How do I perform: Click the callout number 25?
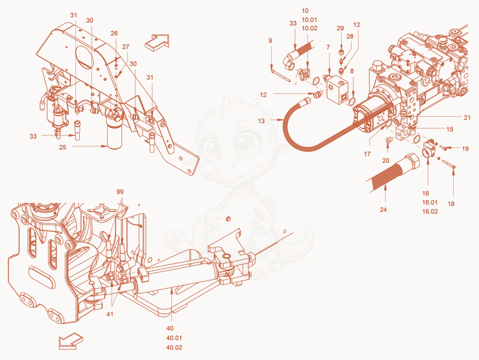click(x=63, y=147)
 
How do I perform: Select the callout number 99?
click(x=120, y=192)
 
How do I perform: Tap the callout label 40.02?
click(x=174, y=347)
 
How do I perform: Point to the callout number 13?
click(x=261, y=121)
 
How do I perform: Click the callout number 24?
click(x=383, y=210)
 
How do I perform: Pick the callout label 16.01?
click(x=430, y=202)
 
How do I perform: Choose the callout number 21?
click(x=467, y=117)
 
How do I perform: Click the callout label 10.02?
click(x=310, y=28)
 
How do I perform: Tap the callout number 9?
click(x=271, y=41)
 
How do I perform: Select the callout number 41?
click(x=110, y=314)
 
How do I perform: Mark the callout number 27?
click(x=126, y=47)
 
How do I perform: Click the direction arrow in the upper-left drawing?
click(x=157, y=42)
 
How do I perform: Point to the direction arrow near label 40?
click(x=71, y=341)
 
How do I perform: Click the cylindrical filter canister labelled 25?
click(x=114, y=134)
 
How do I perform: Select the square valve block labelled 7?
click(x=337, y=89)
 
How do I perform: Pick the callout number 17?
click(x=367, y=154)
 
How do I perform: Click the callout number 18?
click(x=451, y=204)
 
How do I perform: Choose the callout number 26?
click(x=114, y=34)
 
